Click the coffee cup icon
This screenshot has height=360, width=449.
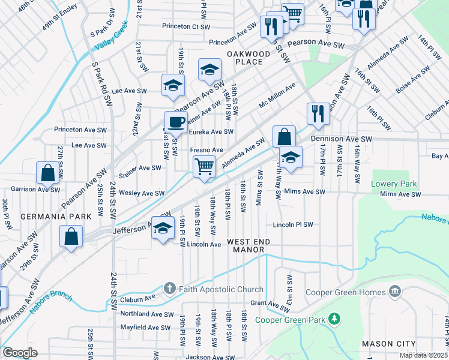pos(176,122)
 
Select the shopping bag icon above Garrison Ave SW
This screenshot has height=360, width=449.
pos(48,173)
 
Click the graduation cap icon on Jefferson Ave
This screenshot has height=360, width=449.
pos(163,228)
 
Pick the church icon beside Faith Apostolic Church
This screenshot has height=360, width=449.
pos(170,289)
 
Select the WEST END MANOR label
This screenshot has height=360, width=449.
pos(249,245)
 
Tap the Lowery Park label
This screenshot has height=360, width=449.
pos(394,184)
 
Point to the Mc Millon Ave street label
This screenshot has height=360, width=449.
pos(277,95)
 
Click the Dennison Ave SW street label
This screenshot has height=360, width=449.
pos(342,139)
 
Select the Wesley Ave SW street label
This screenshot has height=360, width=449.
pos(142,193)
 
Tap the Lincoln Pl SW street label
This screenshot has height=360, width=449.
pos(293,225)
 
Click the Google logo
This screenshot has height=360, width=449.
pos(20,353)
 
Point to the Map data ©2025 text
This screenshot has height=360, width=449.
pos(423,355)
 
